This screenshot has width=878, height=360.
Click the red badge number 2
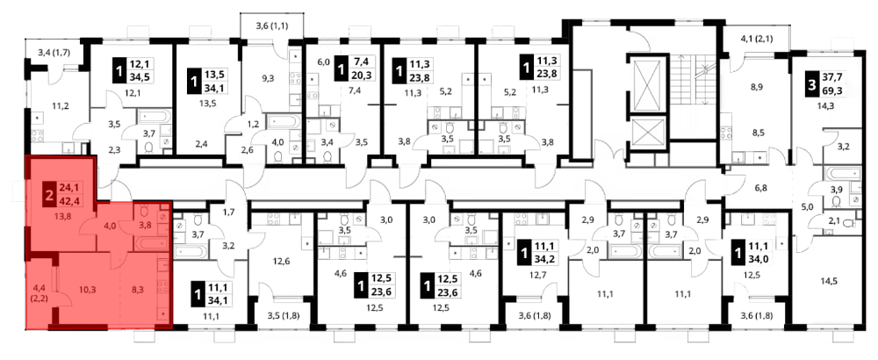coord(49,196)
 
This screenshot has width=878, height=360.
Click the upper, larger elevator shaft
coord(647,83)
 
